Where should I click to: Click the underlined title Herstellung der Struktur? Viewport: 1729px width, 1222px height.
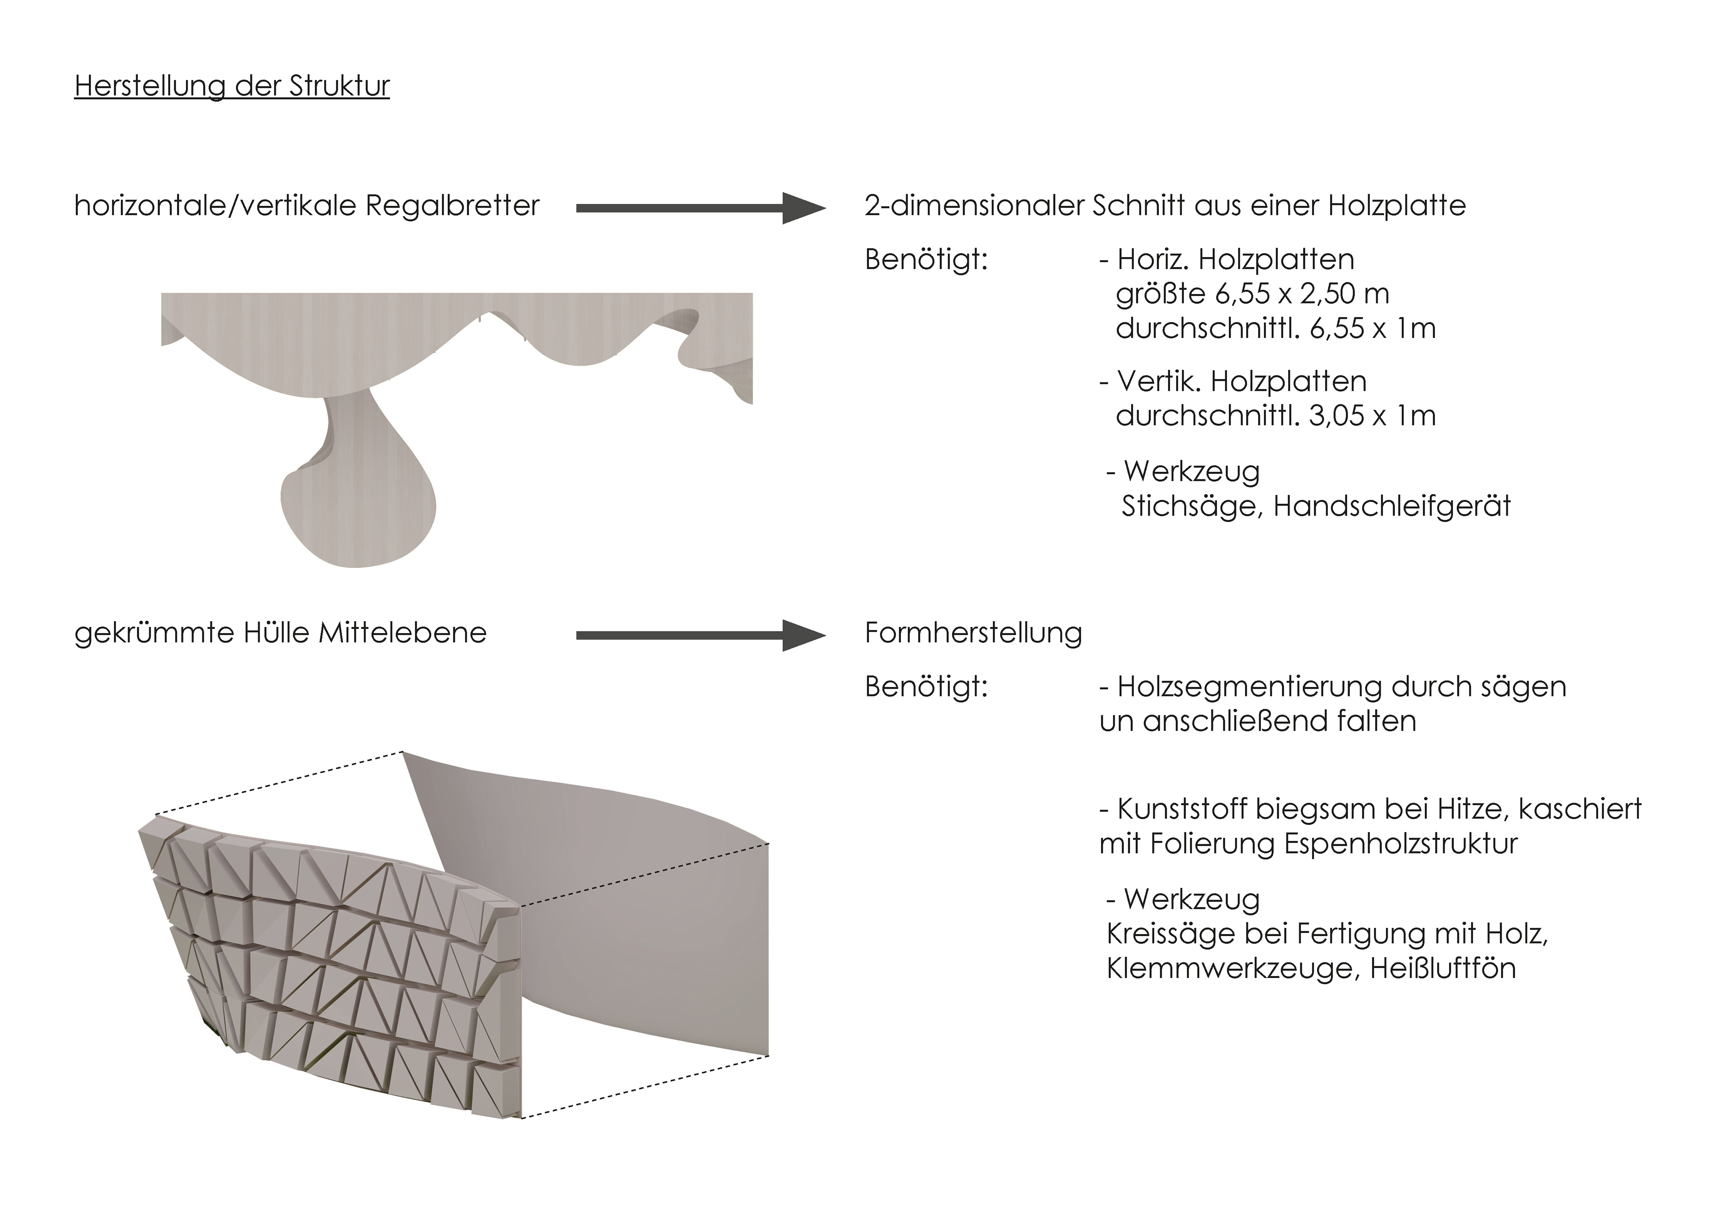click(232, 86)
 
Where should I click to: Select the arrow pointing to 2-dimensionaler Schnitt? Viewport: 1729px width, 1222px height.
click(701, 208)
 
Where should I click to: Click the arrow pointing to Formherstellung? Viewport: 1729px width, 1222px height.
click(701, 636)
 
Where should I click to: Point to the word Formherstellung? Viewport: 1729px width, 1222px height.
click(973, 632)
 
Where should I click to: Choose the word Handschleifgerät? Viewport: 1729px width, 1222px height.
click(1392, 506)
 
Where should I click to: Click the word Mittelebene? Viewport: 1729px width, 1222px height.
click(403, 632)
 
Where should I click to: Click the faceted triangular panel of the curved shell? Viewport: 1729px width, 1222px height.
click(331, 971)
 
